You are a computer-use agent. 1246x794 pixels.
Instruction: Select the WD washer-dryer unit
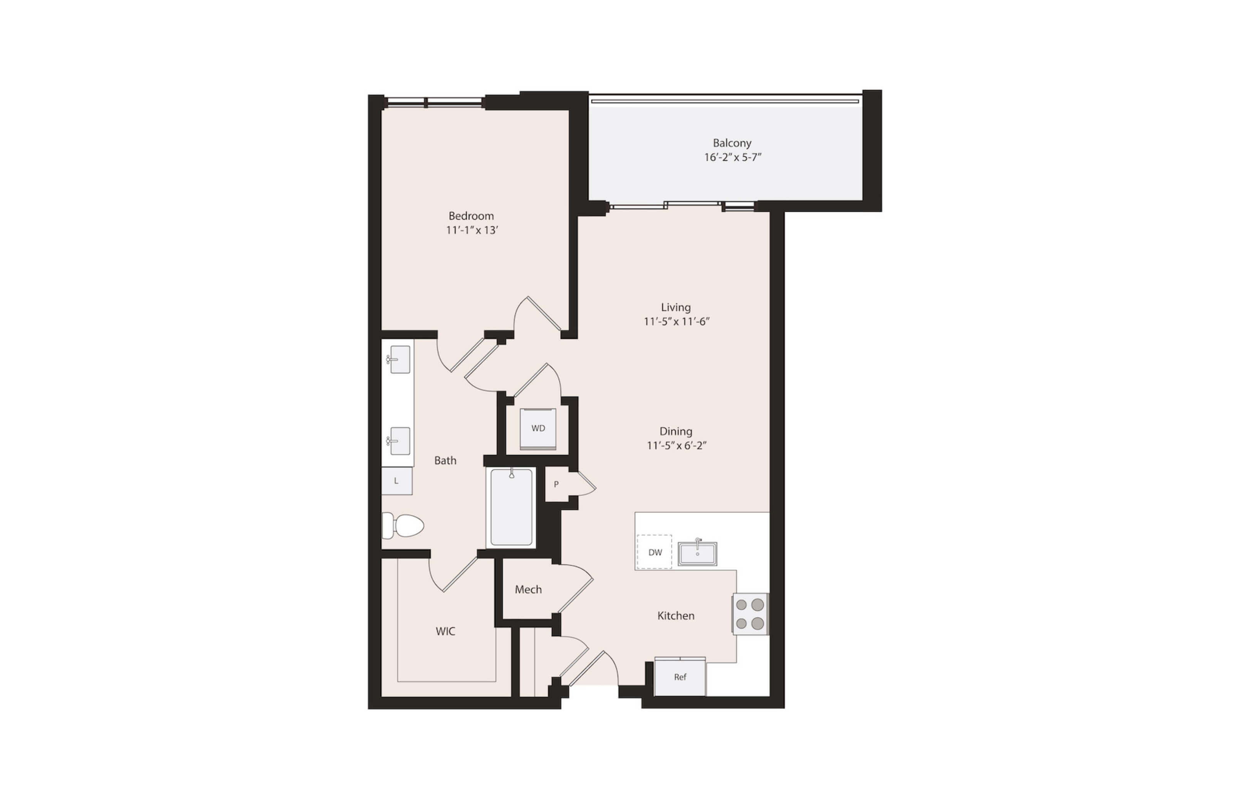point(538,429)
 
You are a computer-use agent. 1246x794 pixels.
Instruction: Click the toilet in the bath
point(403,526)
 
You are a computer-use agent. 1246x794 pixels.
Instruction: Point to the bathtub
point(511,507)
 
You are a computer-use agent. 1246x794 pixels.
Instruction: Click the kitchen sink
point(697,553)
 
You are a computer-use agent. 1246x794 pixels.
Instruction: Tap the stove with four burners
point(750,614)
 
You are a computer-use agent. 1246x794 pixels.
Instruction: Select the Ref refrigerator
point(680,677)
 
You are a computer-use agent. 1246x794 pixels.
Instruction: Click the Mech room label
point(528,590)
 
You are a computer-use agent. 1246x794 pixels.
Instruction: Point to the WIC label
point(445,631)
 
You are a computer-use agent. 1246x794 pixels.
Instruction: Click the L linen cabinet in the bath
point(397,481)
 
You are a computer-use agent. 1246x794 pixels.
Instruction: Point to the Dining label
point(676,431)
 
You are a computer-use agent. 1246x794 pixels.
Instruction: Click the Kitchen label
point(676,616)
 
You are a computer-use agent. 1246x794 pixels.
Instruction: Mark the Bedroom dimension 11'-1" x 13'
point(472,231)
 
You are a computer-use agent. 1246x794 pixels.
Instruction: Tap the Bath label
point(445,461)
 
